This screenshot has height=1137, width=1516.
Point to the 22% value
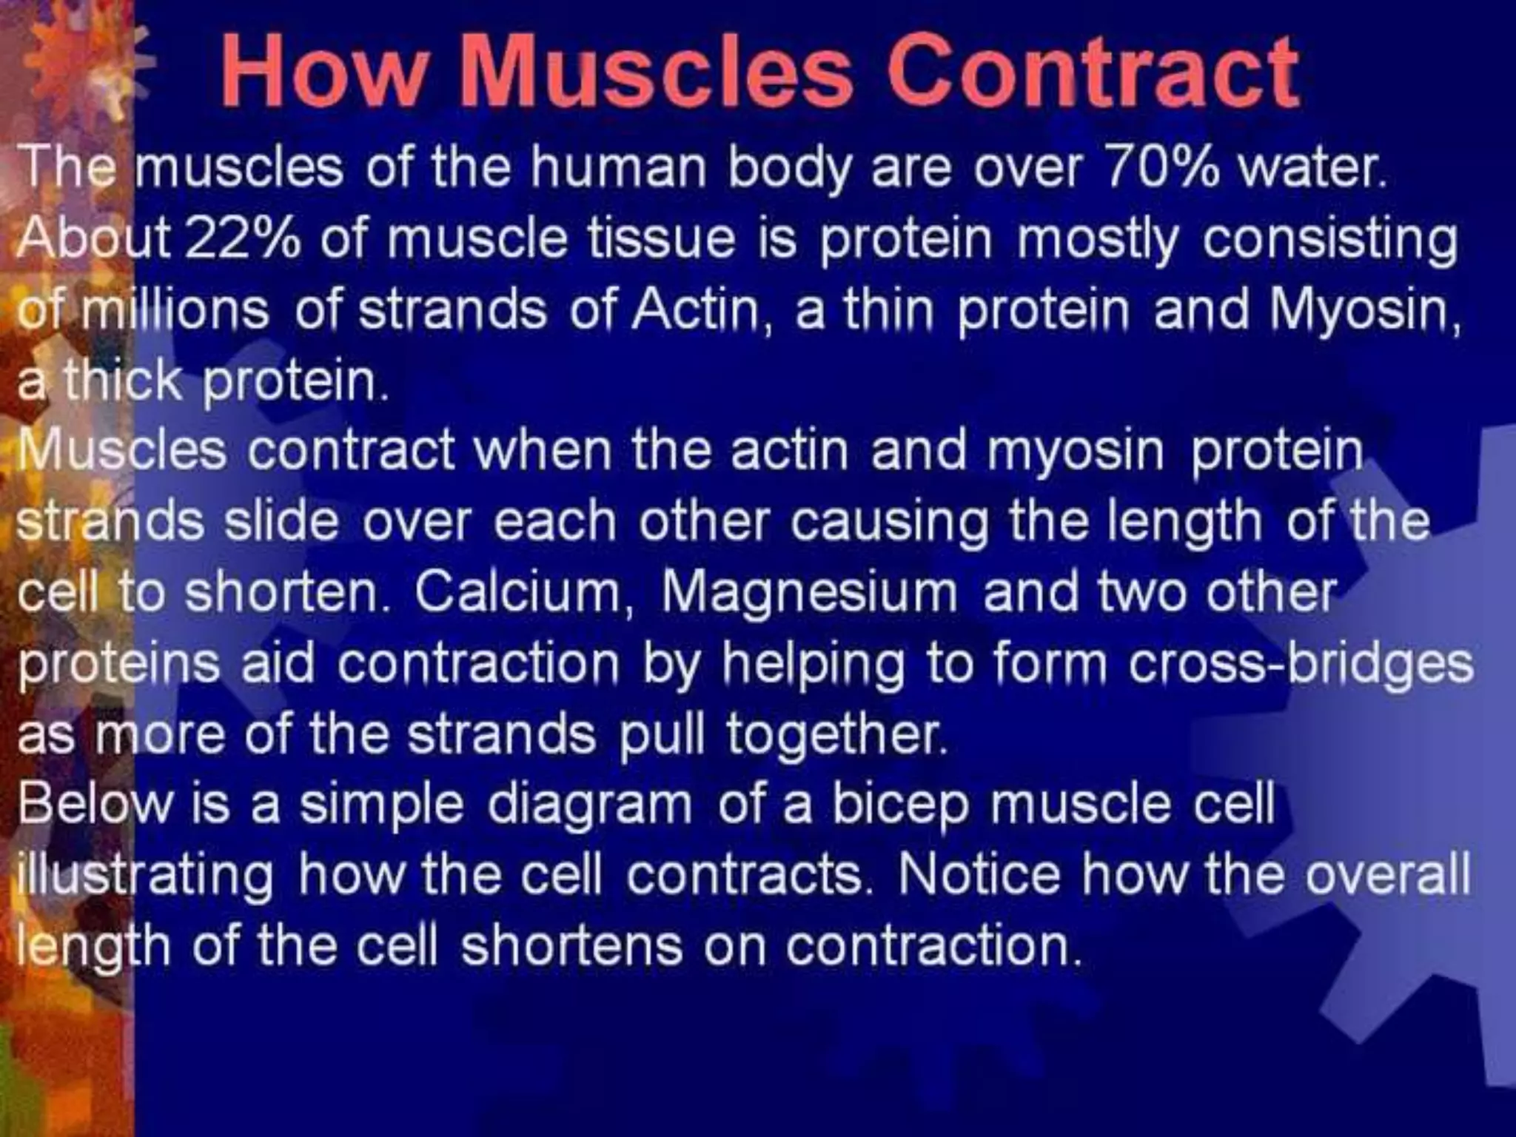coord(243,238)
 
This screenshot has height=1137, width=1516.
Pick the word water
coord(1311,167)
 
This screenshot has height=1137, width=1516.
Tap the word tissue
coord(662,238)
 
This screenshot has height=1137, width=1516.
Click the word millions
coord(175,309)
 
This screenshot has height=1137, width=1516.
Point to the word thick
coord(122,380)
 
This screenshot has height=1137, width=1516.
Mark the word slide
coord(281,521)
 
